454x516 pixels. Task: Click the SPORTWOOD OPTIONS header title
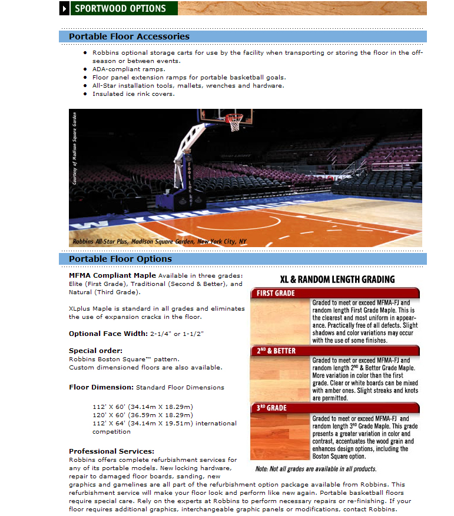(120, 9)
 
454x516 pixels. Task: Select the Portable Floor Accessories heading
(129, 36)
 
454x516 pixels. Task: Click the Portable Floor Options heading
(120, 259)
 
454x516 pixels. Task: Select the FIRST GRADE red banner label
(276, 293)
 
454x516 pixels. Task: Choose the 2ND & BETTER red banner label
(277, 351)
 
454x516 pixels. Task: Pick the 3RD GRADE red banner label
(272, 408)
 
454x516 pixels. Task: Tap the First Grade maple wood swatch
(280, 321)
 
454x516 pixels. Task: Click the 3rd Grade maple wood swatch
(280, 436)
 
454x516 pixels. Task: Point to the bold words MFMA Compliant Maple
(112, 275)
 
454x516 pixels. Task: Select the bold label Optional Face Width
(108, 334)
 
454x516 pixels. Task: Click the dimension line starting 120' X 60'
(143, 415)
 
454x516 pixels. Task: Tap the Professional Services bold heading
(111, 451)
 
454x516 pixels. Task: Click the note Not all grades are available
(316, 469)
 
